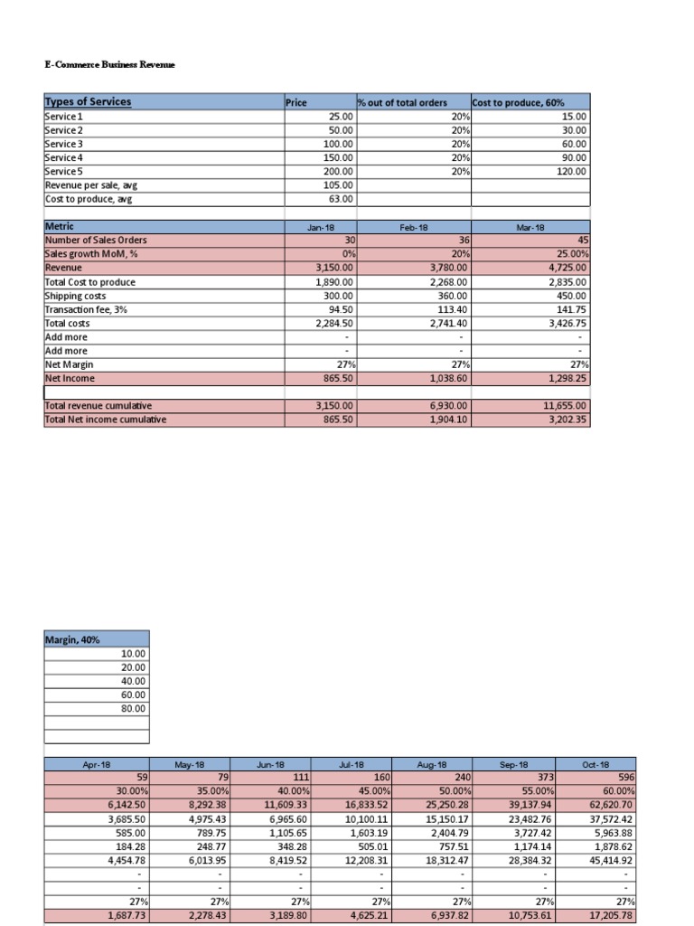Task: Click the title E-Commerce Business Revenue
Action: [x=109, y=64]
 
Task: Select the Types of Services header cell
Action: [x=88, y=101]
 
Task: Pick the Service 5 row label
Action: [x=63, y=171]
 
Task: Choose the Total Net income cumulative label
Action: [x=106, y=420]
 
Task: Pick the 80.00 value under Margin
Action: [x=132, y=709]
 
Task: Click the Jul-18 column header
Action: [x=352, y=764]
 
